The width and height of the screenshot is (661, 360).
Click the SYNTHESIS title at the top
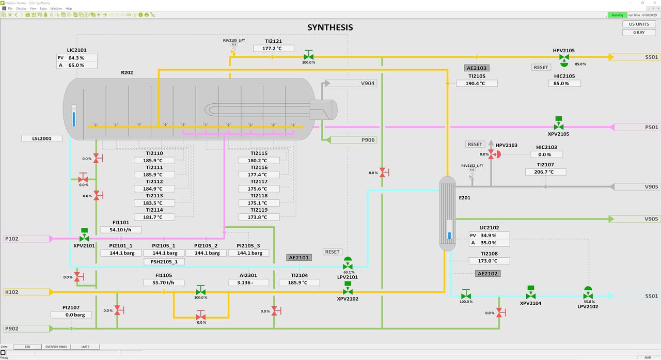(x=330, y=27)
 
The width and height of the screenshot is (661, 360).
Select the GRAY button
(x=639, y=32)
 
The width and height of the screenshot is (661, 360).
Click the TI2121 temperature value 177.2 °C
(x=273, y=49)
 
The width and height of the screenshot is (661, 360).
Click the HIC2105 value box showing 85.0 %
(x=564, y=83)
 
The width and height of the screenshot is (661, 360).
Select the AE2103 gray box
(x=477, y=68)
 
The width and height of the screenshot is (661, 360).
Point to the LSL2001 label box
(x=42, y=138)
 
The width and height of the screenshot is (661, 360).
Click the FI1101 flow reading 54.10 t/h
(x=121, y=230)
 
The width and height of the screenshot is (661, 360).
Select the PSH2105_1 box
(x=164, y=262)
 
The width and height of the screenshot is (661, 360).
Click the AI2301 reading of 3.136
(x=248, y=283)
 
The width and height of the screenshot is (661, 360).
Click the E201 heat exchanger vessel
(x=447, y=213)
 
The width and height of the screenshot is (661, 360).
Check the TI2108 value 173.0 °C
(x=489, y=261)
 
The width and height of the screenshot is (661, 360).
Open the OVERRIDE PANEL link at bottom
(x=56, y=347)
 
